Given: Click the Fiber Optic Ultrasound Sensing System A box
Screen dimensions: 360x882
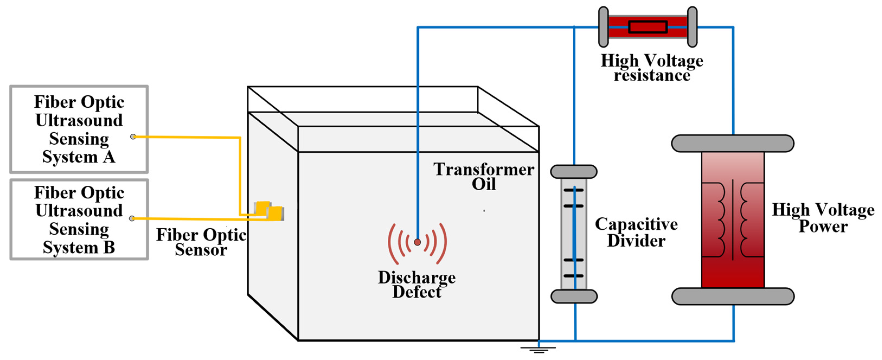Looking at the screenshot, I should click(x=79, y=129).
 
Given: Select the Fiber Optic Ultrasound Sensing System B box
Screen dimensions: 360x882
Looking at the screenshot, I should click(x=79, y=219).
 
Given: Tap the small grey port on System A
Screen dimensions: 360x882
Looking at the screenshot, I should click(x=133, y=137).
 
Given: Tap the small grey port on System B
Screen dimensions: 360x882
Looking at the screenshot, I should click(x=132, y=218).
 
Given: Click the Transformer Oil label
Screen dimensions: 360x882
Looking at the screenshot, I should click(x=483, y=176).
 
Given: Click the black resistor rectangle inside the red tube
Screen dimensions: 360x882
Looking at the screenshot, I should click(x=648, y=27).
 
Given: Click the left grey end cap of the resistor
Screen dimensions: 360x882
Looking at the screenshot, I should click(x=603, y=27).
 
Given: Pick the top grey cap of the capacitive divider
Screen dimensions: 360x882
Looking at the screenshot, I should click(x=574, y=171).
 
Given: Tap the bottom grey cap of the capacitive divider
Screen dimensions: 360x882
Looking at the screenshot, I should click(x=574, y=296).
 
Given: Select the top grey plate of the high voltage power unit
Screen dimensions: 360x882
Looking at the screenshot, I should click(x=733, y=143).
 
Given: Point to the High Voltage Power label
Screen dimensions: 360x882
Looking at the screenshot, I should click(x=823, y=218).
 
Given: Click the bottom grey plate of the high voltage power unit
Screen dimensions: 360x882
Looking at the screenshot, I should click(x=733, y=296).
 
